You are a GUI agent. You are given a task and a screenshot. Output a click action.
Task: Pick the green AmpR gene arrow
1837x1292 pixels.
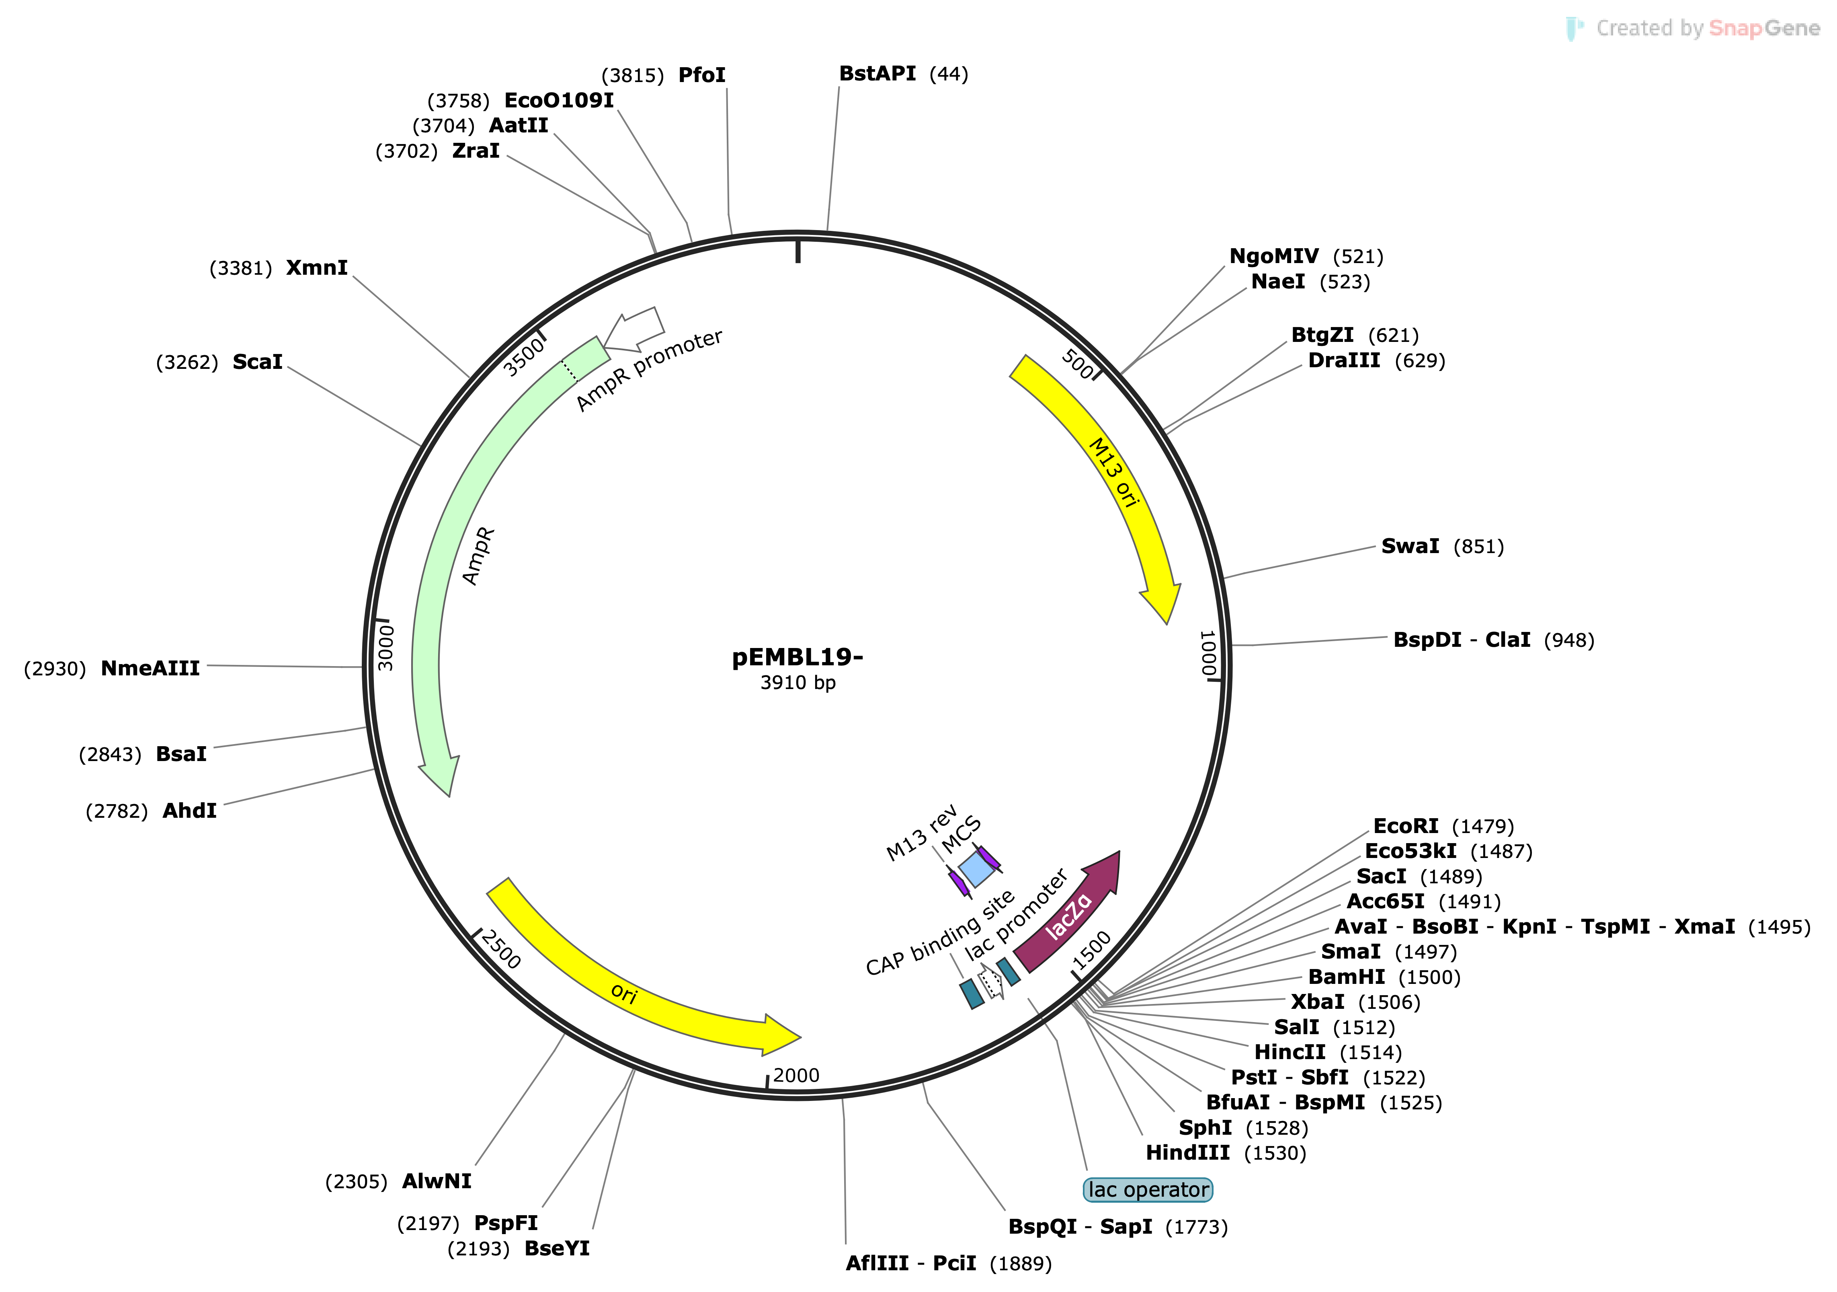click(x=448, y=560)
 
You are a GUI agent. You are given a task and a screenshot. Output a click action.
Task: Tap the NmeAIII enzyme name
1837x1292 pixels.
click(x=150, y=669)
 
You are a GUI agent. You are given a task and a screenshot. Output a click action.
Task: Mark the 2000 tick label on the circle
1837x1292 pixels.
click(x=796, y=1075)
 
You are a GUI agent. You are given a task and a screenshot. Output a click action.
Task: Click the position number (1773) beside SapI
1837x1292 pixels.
click(x=1196, y=1227)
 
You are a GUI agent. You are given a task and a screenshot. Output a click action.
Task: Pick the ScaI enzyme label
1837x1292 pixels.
click(x=258, y=362)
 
